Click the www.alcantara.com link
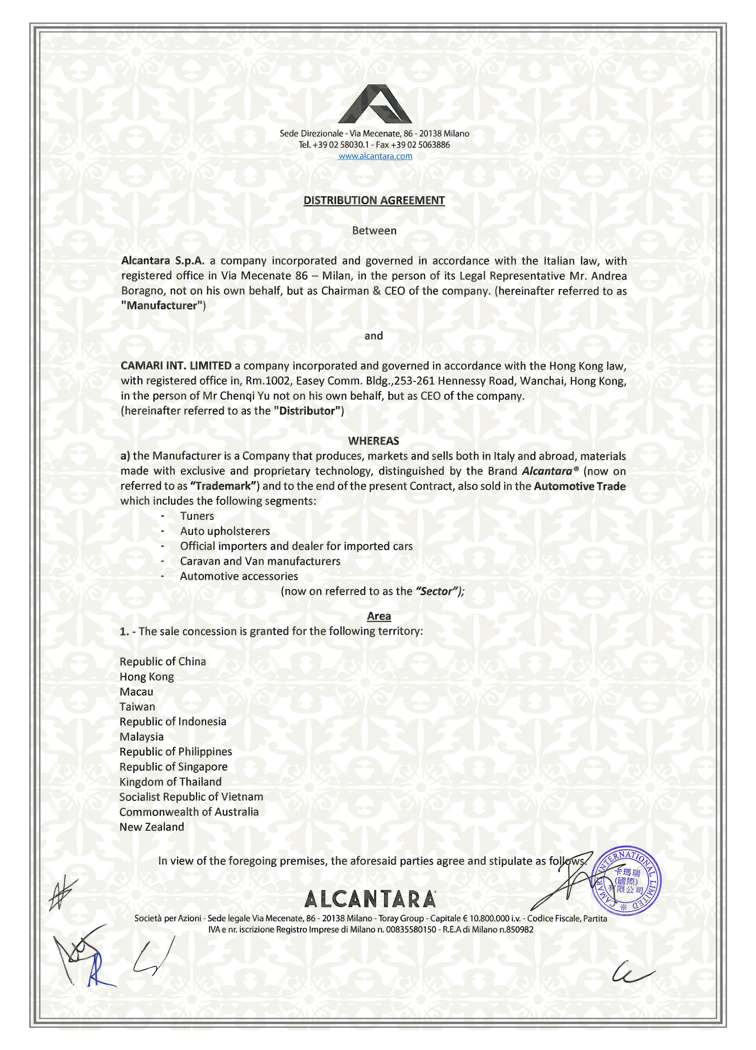[375, 156]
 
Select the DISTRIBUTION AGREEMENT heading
[374, 201]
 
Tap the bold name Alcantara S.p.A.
[163, 261]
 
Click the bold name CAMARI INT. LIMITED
[176, 366]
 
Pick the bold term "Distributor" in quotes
[308, 411]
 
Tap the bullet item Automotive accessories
[239, 576]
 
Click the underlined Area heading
[379, 616]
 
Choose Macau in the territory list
[136, 692]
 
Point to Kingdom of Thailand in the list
[170, 782]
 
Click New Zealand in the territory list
[152, 827]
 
